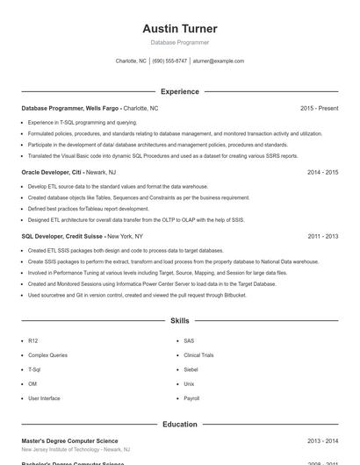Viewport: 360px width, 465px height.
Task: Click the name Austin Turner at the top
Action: pos(179,29)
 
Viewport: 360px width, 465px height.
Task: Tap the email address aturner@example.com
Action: pos(219,61)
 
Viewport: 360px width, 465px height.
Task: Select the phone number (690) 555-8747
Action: pos(169,61)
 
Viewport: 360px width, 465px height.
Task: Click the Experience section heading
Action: pos(179,91)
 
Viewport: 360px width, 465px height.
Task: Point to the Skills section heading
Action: pos(179,321)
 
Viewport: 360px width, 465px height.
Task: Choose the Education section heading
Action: pos(179,424)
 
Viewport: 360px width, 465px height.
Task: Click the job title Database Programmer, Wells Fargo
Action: pos(71,108)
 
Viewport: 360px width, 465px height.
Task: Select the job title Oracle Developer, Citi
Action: pos(52,172)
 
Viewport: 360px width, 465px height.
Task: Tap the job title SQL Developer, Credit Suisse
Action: pos(62,236)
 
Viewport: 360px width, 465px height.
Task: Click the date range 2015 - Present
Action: pos(319,108)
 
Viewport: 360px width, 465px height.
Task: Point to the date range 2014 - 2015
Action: pos(322,172)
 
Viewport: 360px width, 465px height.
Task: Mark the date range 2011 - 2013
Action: pos(322,236)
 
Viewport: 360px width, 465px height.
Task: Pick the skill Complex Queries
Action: pos(47,355)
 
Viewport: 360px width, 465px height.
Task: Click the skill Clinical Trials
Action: pos(198,355)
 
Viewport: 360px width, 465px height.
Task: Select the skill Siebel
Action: pos(191,369)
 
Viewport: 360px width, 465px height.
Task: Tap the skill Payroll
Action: pos(191,398)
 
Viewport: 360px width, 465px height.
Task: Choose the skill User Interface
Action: pos(44,398)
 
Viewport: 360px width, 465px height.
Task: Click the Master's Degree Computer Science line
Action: pos(69,440)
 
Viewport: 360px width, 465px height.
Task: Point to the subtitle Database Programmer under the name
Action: pos(179,42)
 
